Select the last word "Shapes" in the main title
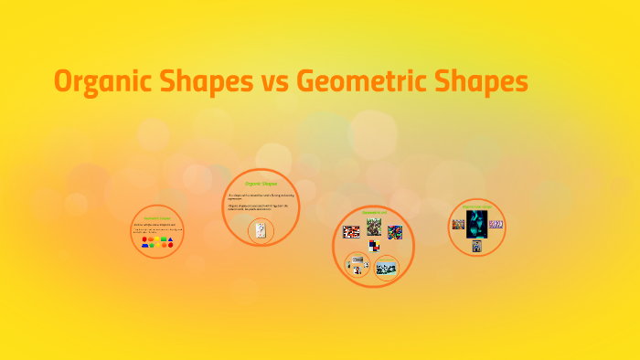tap(484, 82)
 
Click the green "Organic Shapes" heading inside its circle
tap(261, 184)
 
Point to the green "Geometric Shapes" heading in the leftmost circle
tap(157, 218)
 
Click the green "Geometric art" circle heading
tap(375, 212)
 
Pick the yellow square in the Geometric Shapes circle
tap(156, 238)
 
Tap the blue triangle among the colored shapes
tap(170, 239)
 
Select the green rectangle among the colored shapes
tap(163, 238)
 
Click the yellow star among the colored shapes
tap(157, 245)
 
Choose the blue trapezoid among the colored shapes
tap(144, 245)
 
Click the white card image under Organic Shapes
tap(261, 231)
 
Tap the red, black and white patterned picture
tap(351, 232)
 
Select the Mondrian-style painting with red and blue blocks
tap(374, 246)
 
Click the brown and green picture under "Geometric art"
tap(374, 227)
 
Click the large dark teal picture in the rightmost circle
tap(476, 225)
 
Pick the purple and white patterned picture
tap(496, 224)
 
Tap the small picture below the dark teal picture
tap(476, 247)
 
